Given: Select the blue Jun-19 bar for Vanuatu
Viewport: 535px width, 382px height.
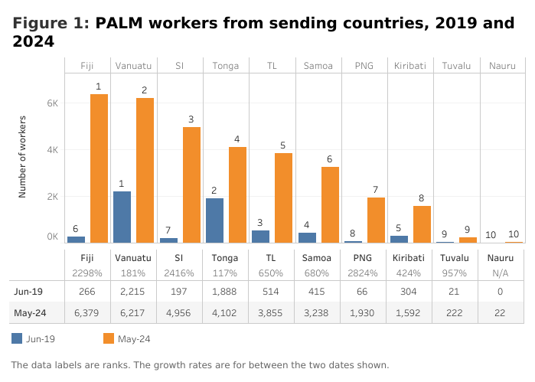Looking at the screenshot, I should (122, 217).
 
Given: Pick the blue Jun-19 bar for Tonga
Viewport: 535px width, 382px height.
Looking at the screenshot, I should (214, 220).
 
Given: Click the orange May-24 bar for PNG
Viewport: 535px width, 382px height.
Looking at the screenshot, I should (376, 220).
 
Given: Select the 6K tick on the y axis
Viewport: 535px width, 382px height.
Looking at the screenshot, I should (53, 103).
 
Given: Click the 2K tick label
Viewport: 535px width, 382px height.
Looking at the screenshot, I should (53, 197).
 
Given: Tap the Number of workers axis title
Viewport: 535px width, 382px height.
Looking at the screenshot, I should (23, 157).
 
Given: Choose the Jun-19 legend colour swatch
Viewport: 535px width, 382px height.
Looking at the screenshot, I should (18, 338).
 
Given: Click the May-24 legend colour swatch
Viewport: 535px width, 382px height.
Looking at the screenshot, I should (108, 338).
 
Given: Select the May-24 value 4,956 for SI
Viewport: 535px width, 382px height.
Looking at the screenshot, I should (179, 312).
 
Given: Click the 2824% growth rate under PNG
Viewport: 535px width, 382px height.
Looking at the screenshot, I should (364, 273).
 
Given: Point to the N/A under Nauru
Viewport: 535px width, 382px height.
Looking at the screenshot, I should (501, 273).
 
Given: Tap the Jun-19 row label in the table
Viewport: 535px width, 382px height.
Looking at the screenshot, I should (28, 291).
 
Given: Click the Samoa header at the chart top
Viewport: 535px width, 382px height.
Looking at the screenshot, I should (318, 65).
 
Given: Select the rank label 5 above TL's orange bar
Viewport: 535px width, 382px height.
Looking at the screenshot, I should (282, 145).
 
